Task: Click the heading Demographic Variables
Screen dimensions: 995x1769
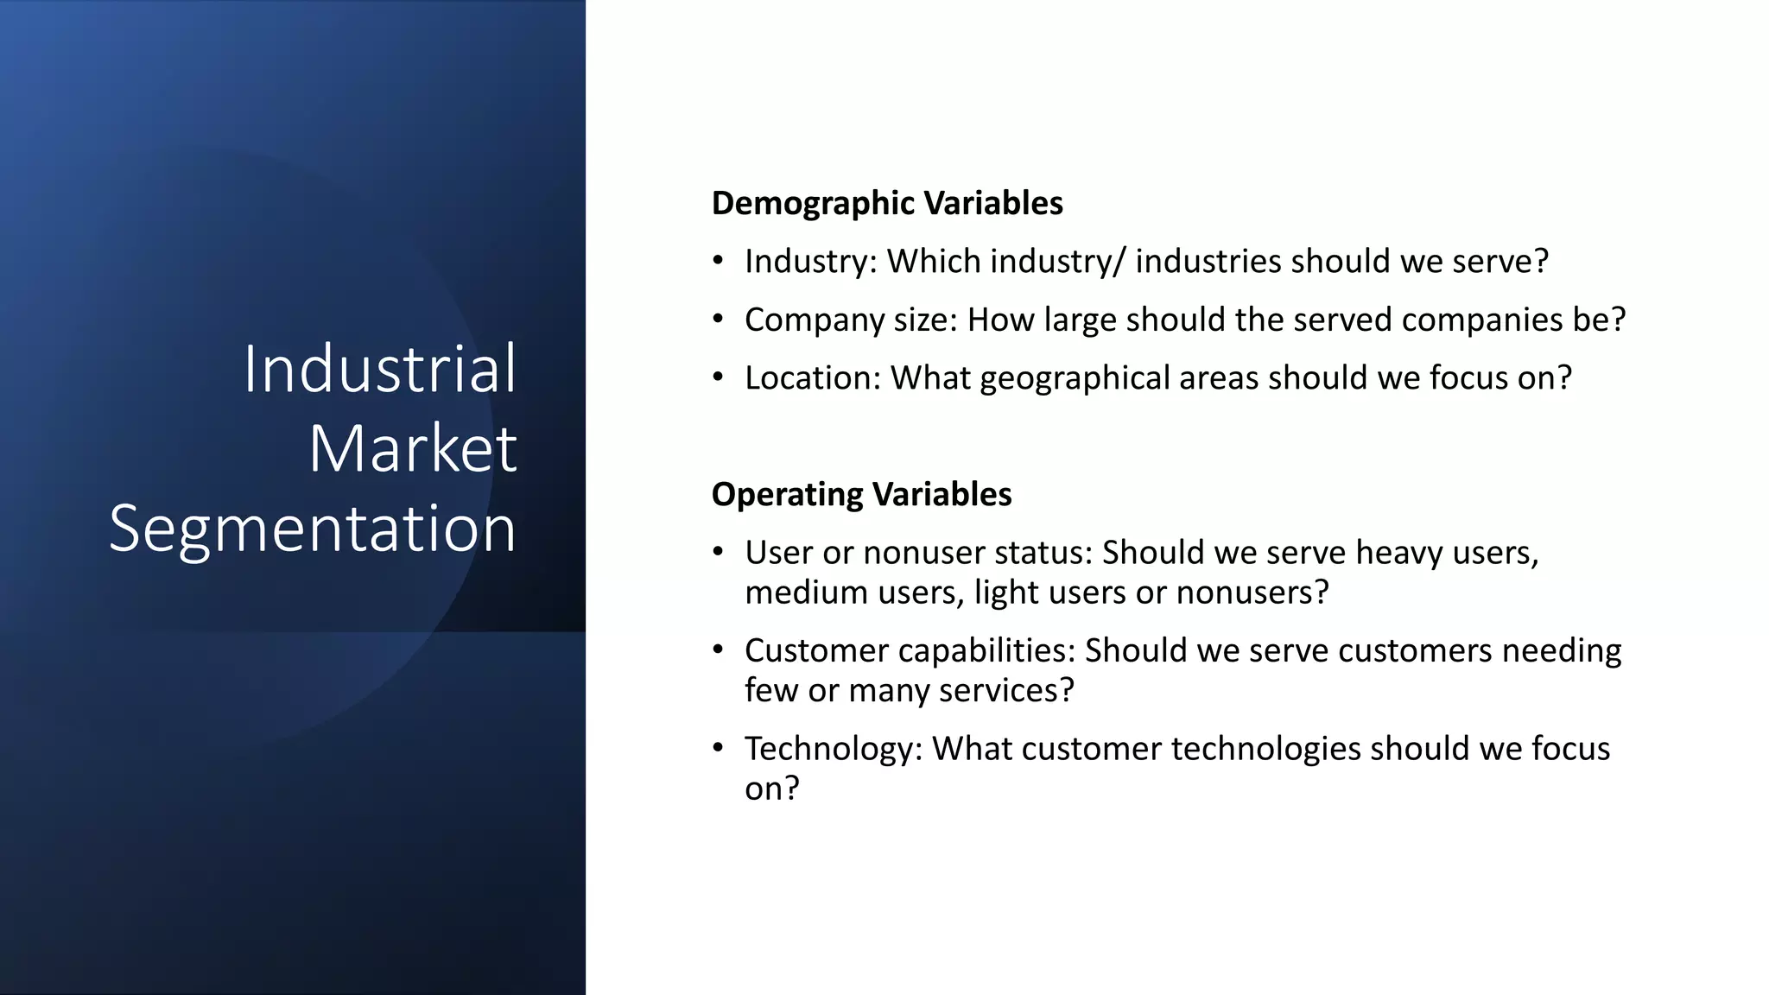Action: point(887,204)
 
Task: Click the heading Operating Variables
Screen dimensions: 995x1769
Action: point(861,495)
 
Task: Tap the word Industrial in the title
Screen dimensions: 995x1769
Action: point(379,369)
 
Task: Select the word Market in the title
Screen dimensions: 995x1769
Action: point(413,448)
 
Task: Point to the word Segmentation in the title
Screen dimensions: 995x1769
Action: point(313,528)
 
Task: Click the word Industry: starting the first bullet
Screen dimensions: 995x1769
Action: point(810,262)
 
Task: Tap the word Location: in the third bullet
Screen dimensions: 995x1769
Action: point(812,378)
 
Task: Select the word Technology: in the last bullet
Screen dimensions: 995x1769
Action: point(834,749)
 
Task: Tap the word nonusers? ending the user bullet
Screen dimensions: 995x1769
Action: point(1252,593)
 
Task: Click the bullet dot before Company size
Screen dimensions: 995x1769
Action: point(718,320)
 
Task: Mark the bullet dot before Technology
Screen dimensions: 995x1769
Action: point(718,748)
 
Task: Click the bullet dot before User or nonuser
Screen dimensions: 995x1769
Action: point(718,552)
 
